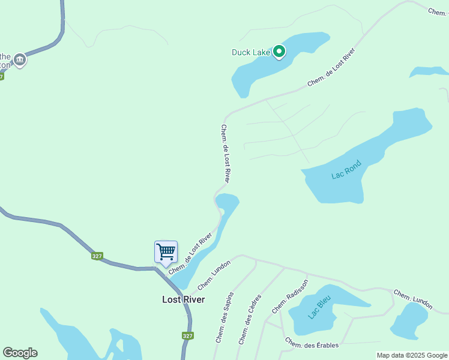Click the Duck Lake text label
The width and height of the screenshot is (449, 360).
click(x=251, y=52)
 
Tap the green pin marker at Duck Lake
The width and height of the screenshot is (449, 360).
click(x=279, y=52)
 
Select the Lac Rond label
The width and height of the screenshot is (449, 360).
click(x=346, y=170)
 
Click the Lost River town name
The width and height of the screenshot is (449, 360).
click(x=183, y=299)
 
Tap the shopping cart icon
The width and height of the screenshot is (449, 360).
click(x=166, y=251)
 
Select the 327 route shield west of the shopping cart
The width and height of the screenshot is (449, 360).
click(x=97, y=256)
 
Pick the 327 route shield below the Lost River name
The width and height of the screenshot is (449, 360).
click(x=187, y=336)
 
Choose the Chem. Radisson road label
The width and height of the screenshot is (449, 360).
click(x=290, y=296)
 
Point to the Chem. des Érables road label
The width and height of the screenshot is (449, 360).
click(x=312, y=344)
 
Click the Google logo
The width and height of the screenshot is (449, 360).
click(x=20, y=353)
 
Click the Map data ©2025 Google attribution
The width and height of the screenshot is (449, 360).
click(x=412, y=355)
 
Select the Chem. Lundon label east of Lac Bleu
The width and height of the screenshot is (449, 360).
click(x=413, y=299)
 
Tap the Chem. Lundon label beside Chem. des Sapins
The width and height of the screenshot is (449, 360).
click(x=214, y=275)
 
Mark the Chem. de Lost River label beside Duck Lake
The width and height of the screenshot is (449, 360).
click(x=331, y=67)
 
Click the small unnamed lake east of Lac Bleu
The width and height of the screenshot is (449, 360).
click(x=409, y=321)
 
